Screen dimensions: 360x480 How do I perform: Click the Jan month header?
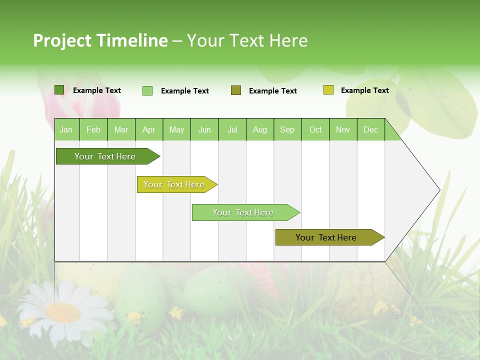coord(66,129)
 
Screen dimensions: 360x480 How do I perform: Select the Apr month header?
coord(149,129)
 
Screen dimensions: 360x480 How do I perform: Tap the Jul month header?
coord(232,129)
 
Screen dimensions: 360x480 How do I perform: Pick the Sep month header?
coord(287,129)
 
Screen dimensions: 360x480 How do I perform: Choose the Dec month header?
coord(370,129)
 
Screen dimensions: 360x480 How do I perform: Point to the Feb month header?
coord(93,129)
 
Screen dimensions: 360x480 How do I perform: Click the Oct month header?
coord(315,129)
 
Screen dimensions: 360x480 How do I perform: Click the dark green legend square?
coord(59,90)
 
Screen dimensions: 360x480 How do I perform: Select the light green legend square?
coord(147,90)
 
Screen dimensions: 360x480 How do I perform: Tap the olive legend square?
coord(236,90)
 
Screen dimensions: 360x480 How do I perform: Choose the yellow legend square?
coord(328,90)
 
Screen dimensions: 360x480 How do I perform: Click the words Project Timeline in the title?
coord(100,40)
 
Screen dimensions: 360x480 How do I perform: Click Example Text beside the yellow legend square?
coord(364,90)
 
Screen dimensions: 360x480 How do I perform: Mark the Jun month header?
coord(204,129)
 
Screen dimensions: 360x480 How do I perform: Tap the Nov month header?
coord(343,129)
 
